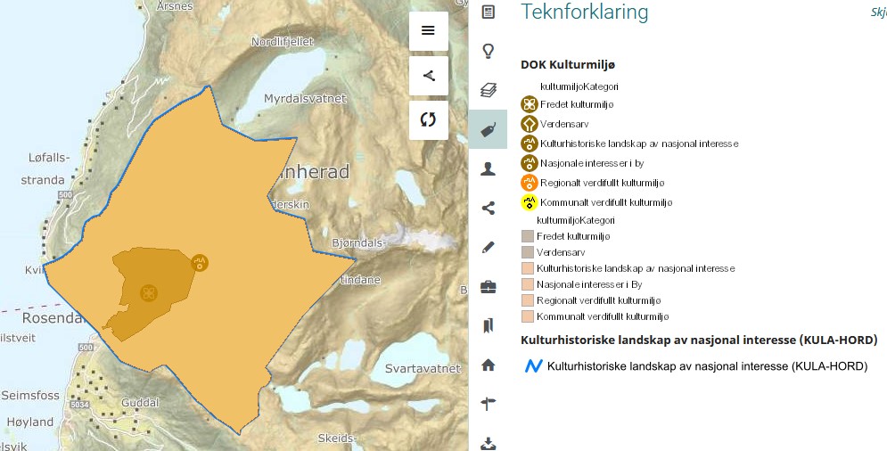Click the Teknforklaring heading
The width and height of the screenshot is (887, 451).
point(584,12)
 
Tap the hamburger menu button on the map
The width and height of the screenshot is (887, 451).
point(428,30)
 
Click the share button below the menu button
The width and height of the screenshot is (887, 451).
point(428,76)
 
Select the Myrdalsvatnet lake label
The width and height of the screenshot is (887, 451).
point(304,99)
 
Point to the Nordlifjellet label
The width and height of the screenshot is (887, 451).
point(284,41)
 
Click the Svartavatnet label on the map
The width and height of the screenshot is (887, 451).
point(423,368)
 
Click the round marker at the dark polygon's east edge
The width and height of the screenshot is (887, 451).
point(200,262)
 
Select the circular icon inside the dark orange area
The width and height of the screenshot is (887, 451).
point(149,292)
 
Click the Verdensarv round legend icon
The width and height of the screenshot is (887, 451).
point(529,124)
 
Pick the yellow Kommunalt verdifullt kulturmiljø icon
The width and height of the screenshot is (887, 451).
point(529,202)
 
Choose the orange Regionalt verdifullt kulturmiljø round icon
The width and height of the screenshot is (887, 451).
point(529,183)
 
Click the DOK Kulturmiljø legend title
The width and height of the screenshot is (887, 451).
point(568,65)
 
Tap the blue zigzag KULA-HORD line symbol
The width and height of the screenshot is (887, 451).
point(533,365)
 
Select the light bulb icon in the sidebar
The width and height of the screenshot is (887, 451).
point(488,51)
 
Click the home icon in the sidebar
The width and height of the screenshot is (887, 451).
point(488,365)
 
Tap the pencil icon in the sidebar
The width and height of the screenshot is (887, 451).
point(488,247)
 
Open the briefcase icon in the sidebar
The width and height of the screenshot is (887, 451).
point(488,286)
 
